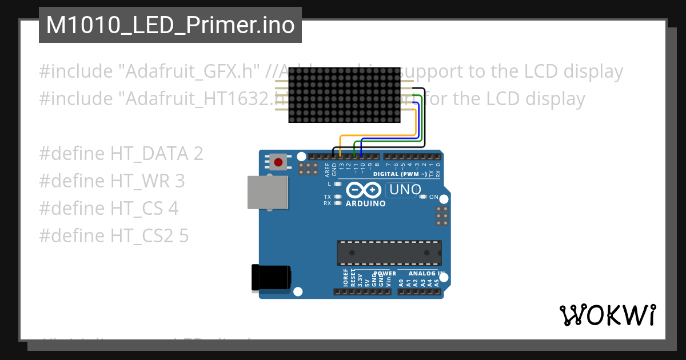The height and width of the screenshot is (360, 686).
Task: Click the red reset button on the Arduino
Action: tap(278, 162)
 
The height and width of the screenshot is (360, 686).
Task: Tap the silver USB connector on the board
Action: tap(268, 192)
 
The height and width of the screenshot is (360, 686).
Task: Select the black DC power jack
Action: tap(271, 279)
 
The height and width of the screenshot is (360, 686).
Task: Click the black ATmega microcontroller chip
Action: tap(389, 253)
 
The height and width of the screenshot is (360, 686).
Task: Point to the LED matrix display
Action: tap(344, 94)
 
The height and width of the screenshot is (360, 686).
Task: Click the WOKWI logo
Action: tap(607, 315)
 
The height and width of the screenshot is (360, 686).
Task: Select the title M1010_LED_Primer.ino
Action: tap(170, 25)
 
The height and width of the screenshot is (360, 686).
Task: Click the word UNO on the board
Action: tap(405, 190)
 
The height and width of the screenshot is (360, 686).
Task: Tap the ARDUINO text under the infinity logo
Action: tap(366, 203)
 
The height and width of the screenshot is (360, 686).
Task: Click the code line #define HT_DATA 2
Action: tap(121, 154)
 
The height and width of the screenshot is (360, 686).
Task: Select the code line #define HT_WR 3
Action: tap(112, 181)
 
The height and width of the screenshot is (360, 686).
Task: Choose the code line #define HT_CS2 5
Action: tap(114, 236)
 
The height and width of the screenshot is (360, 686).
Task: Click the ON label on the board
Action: tap(434, 197)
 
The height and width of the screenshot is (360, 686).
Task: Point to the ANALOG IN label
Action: tap(424, 274)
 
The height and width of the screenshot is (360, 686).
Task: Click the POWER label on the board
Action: tap(385, 274)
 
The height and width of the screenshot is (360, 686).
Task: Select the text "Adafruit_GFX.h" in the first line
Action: tap(190, 71)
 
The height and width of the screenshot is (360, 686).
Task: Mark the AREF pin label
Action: tap(328, 170)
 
